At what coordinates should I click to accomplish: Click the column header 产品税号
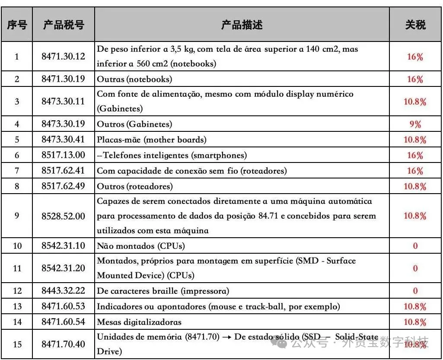tap(64, 25)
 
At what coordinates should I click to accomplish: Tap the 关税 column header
tap(415, 25)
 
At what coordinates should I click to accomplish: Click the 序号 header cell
tap(17, 25)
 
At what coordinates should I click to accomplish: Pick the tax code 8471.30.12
tap(64, 56)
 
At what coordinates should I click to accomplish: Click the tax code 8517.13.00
tap(64, 155)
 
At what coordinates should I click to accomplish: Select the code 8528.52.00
tap(64, 216)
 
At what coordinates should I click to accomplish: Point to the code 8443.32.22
tap(64, 291)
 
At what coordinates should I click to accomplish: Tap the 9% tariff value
tap(415, 124)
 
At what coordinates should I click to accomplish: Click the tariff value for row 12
tap(415, 291)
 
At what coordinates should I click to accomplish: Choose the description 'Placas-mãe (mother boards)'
tap(152, 140)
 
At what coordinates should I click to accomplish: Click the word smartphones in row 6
tap(223, 155)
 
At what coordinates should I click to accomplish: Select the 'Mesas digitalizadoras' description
tap(139, 322)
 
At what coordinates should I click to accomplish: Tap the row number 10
tap(17, 246)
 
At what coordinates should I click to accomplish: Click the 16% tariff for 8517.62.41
tap(415, 171)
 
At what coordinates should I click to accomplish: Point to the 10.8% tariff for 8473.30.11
tap(415, 102)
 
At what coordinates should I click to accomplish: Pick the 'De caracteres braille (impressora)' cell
tap(163, 291)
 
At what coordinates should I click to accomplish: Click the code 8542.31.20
tap(64, 268)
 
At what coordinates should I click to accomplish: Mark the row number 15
tap(17, 344)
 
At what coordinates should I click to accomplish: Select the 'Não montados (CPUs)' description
tap(141, 246)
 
